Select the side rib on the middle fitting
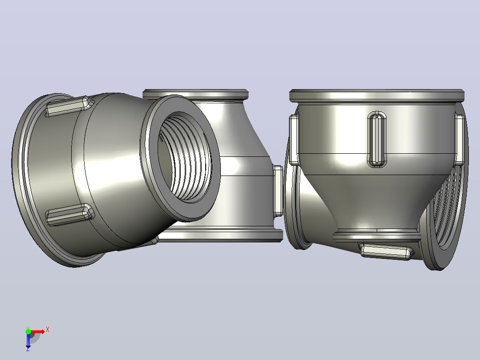click(278, 191)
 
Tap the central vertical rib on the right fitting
click(377, 139)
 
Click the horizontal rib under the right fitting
click(386, 251)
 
